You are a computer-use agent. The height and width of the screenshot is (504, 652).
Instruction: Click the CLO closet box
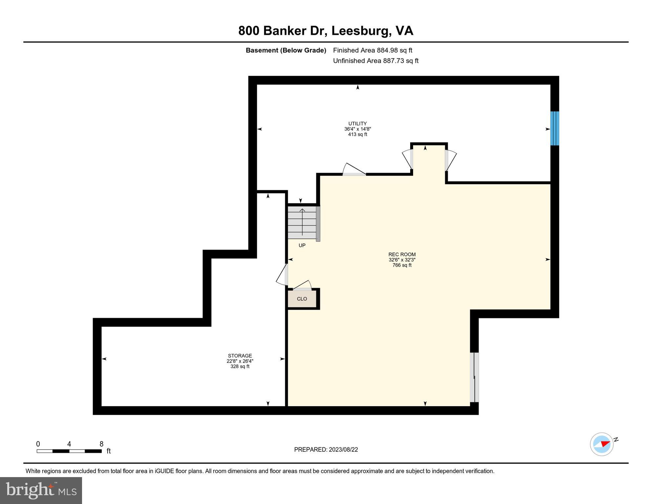click(x=302, y=299)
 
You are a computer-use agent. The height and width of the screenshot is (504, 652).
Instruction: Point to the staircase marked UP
click(x=302, y=222)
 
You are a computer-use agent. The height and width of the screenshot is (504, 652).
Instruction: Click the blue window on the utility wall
click(x=554, y=128)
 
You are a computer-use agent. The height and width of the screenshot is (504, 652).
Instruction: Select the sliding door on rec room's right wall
click(x=474, y=377)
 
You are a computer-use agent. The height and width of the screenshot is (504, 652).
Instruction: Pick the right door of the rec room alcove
click(x=450, y=160)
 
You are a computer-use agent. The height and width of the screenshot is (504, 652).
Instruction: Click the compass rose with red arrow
click(x=601, y=444)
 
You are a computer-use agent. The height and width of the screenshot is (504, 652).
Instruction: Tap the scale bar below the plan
click(x=69, y=451)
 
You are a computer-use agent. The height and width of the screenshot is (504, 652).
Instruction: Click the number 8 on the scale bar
click(x=101, y=444)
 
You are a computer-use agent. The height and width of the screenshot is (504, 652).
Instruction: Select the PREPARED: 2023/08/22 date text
click(x=326, y=450)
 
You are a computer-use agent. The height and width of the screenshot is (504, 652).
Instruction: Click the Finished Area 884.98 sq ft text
click(x=372, y=50)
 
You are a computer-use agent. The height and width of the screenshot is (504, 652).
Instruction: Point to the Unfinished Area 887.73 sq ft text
click(x=376, y=61)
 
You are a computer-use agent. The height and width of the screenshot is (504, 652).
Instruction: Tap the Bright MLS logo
click(x=41, y=490)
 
